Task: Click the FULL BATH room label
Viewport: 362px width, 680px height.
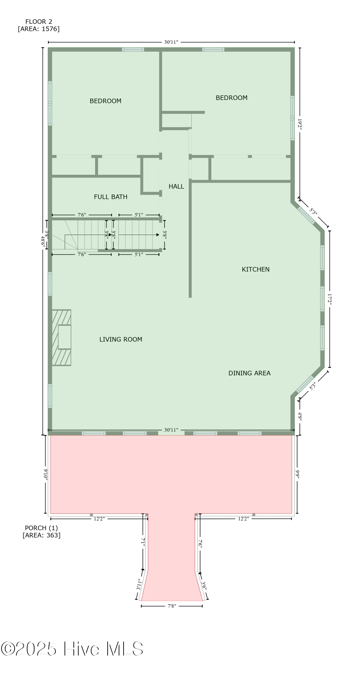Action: (110, 197)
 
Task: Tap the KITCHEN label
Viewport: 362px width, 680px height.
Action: (255, 270)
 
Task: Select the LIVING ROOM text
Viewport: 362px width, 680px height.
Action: (121, 339)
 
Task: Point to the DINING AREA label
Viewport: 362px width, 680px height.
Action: (249, 373)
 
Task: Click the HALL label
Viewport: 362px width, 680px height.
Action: (176, 186)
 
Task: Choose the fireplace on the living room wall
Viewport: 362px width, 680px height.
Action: (62, 337)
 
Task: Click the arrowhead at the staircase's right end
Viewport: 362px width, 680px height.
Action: (158, 235)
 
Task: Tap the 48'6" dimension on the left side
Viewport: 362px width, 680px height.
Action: (43, 241)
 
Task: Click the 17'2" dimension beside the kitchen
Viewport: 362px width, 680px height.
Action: (329, 299)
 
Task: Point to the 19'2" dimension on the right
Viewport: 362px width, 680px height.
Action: (300, 124)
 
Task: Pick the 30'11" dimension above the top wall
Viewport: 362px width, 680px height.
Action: (171, 42)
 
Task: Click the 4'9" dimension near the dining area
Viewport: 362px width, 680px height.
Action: (300, 416)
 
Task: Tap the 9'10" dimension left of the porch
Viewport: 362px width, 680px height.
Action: (46, 474)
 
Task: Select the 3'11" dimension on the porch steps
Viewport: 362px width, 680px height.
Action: (139, 584)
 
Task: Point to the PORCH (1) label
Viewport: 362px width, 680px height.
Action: (41, 528)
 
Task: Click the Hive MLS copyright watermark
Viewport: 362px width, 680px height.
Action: (72, 649)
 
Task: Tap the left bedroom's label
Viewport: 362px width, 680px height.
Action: (105, 101)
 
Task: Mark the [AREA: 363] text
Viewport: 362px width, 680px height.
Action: (41, 535)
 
